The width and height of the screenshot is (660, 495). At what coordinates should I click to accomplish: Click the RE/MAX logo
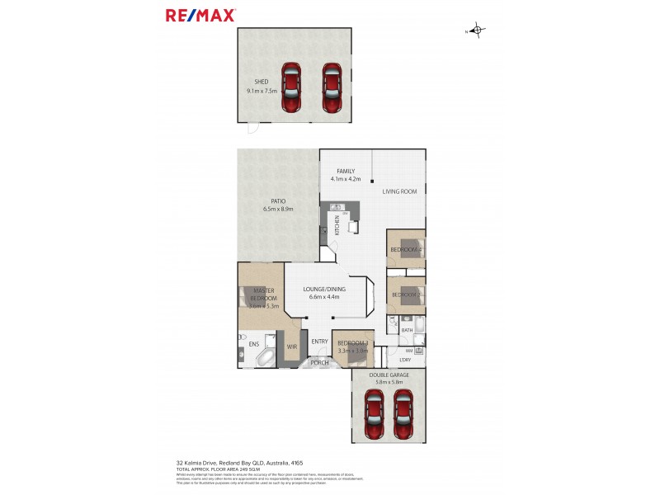point(200,15)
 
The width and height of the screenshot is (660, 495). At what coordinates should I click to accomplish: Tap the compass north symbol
point(478,31)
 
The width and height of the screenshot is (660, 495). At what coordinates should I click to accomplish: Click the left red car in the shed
point(291,88)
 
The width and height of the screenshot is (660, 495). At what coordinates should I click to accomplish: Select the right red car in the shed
point(331,88)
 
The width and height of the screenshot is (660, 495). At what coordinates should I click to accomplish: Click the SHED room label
point(261,82)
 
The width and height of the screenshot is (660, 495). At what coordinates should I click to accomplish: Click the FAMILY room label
point(346,171)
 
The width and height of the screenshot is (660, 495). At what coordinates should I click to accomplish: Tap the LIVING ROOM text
point(399,191)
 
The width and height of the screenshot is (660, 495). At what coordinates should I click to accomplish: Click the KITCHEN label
point(337,223)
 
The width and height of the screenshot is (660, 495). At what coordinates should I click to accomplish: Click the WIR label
point(291,346)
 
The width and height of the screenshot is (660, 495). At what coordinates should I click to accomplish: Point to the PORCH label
point(318,362)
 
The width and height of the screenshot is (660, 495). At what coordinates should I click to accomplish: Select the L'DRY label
point(405,360)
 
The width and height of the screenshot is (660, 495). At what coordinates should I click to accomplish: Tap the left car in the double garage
point(374,414)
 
